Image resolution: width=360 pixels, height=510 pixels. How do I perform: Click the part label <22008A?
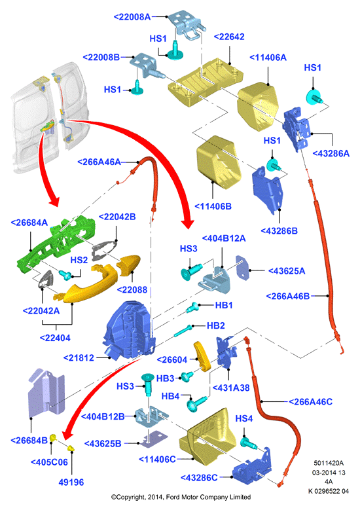[132, 17]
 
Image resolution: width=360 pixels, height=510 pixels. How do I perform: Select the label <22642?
[229, 37]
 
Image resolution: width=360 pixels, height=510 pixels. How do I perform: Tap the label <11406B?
[213, 206]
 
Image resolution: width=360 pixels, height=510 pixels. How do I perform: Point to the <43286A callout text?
[331, 153]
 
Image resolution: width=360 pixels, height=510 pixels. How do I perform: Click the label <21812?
[79, 357]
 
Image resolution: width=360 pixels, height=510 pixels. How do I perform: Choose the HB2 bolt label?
[215, 325]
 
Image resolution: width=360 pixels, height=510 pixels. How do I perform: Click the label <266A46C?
[310, 402]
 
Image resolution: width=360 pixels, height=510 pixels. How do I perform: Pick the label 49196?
[71, 482]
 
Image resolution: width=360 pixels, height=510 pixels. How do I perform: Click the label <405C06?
[49, 462]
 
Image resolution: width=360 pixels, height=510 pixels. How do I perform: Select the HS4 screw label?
[244, 418]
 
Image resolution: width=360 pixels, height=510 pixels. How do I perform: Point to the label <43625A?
[287, 271]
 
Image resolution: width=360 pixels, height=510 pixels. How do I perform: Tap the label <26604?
[172, 359]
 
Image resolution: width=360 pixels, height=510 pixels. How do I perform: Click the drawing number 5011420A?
[329, 463]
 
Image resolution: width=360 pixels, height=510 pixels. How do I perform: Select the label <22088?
[132, 289]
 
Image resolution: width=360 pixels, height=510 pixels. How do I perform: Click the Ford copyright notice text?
[181, 497]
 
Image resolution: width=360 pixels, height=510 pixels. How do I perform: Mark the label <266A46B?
[288, 297]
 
